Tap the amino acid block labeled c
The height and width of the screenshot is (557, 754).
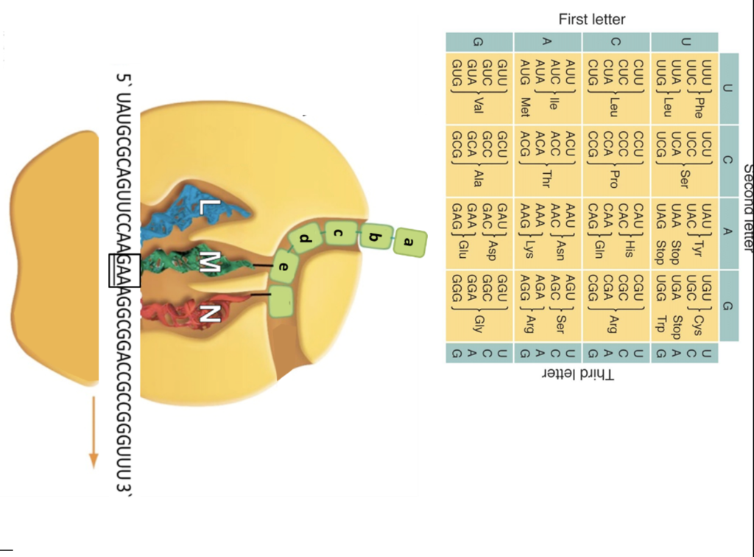(x=339, y=235)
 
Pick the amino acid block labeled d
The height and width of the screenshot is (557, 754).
(x=306, y=239)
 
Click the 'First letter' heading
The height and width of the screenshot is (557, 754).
(x=591, y=19)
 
